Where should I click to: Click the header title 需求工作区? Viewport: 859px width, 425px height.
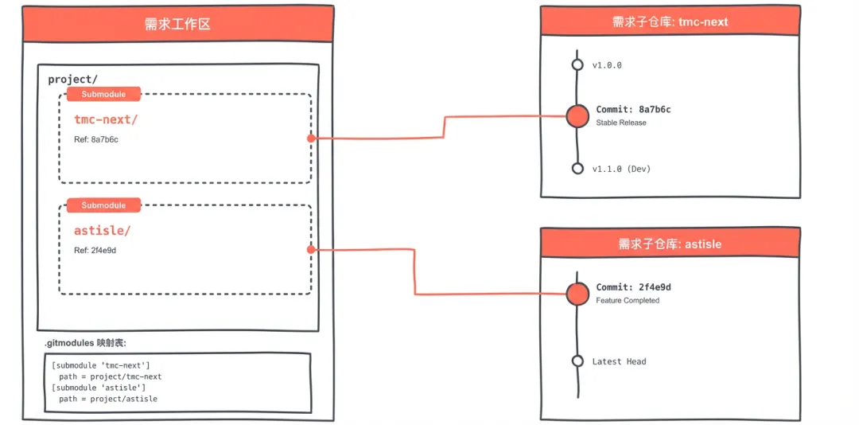(x=177, y=25)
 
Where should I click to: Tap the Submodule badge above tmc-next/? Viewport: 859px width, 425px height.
(x=103, y=94)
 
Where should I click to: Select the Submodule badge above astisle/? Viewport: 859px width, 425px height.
(x=103, y=205)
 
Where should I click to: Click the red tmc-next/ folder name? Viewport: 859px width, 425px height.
(x=106, y=119)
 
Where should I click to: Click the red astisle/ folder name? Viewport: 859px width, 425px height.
(x=102, y=231)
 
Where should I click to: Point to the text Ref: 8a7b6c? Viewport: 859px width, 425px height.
(x=96, y=139)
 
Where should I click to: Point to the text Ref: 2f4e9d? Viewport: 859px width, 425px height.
(x=95, y=251)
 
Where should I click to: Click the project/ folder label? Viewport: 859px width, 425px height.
(x=72, y=80)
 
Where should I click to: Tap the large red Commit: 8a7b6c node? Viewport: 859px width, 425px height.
(x=577, y=116)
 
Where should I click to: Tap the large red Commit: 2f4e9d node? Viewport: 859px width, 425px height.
(x=577, y=294)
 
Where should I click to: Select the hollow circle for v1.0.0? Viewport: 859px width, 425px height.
(x=577, y=65)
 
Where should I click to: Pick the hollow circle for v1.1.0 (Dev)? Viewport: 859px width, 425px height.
(x=577, y=168)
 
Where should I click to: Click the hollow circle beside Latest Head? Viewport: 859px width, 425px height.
(x=577, y=361)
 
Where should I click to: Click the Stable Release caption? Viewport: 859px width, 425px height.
(x=620, y=123)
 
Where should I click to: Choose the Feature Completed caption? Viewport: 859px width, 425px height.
(x=628, y=301)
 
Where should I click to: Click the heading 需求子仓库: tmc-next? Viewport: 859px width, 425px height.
(x=670, y=22)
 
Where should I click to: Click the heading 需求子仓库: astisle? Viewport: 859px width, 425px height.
(x=670, y=244)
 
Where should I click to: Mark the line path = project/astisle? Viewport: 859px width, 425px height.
(x=108, y=399)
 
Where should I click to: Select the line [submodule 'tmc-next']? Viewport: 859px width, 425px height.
(x=101, y=365)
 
